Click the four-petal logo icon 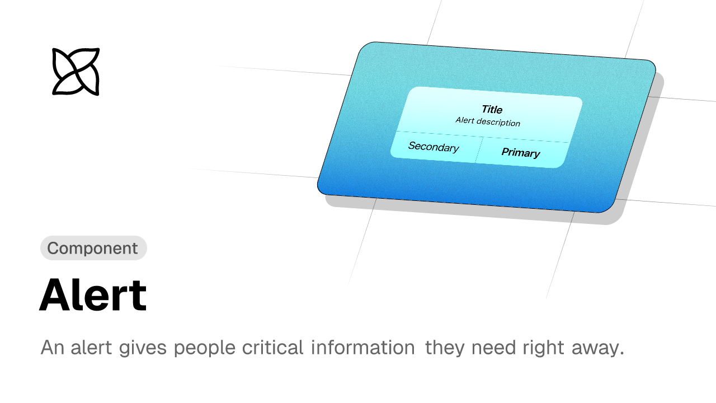tap(76, 72)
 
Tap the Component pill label tap(93, 248)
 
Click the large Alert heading tap(93, 295)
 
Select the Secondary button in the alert tap(434, 147)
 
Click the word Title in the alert tap(492, 109)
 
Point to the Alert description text tap(488, 121)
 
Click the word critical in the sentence tap(272, 348)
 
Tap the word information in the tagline tap(363, 348)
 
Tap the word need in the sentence tap(494, 348)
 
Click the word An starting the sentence tap(52, 348)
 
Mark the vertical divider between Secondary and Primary tap(479, 150)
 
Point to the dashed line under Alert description tap(483, 137)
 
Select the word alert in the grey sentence tap(91, 348)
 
